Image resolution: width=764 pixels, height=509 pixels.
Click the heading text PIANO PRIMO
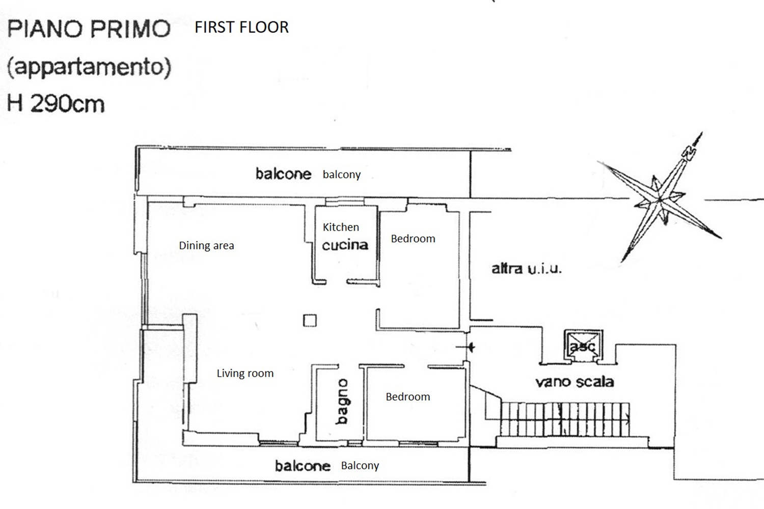tap(89, 29)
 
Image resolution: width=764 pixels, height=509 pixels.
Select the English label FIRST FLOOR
tap(241, 27)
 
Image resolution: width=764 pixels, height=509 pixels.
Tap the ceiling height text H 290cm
tap(56, 104)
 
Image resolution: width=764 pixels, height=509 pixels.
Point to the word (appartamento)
tap(89, 67)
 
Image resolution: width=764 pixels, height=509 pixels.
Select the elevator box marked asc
tap(582, 346)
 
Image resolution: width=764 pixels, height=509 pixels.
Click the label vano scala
tap(574, 382)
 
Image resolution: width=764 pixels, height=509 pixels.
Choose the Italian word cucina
tap(345, 245)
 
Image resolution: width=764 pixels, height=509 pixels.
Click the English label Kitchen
tap(341, 227)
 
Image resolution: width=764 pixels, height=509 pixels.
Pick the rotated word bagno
tap(342, 401)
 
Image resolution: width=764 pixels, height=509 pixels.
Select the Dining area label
tap(206, 245)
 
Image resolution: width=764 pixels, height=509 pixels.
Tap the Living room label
tap(245, 373)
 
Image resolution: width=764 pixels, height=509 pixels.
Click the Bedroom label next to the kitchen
tap(413, 238)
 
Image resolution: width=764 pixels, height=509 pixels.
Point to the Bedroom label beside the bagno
tap(407, 397)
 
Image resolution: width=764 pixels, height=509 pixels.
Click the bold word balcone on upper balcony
tap(283, 174)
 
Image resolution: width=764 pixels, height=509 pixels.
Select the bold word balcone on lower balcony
tap(303, 466)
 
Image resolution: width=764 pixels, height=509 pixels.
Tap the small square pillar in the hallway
tap(310, 320)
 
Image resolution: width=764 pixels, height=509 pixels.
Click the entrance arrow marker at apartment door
tap(470, 347)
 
